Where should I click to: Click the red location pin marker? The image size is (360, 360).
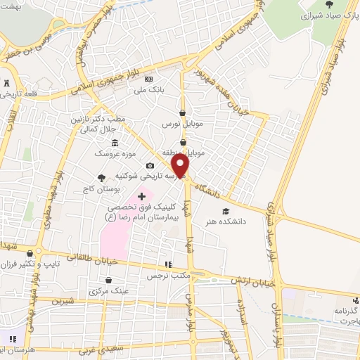coord(181,166)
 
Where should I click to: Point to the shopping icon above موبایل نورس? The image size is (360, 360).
coord(183,112)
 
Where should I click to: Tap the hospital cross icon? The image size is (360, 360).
coord(142,195)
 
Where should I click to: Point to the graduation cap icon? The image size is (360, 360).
coord(225,211)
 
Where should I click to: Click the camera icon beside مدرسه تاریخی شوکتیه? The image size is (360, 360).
coord(149,165)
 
